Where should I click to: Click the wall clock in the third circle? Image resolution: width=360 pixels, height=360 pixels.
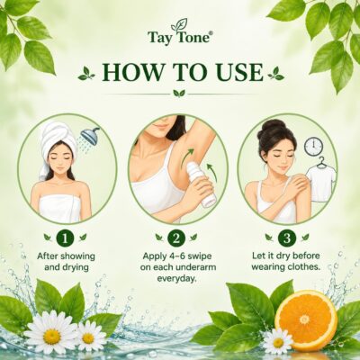coord(312,146)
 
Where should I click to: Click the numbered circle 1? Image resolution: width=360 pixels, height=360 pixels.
coord(66,238)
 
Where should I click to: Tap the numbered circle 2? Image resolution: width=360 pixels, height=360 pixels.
coord(176,238)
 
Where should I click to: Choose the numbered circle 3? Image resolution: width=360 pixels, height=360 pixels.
coord(287,238)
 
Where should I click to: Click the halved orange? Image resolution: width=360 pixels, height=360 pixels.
coord(305,316)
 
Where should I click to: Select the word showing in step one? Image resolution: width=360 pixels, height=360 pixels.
coord(77,256)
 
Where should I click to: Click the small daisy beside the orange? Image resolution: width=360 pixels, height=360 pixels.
coord(278,343)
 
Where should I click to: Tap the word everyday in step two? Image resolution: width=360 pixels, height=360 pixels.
coord(177,278)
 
